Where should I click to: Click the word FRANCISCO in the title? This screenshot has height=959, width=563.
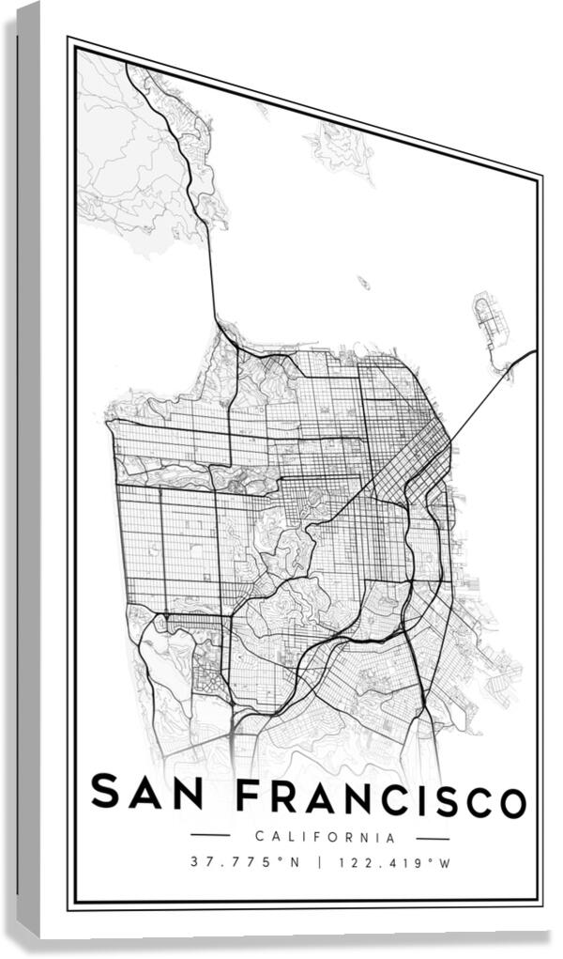(380, 798)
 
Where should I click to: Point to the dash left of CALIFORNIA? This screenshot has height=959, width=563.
(210, 835)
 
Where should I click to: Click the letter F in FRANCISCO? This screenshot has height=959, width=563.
(248, 797)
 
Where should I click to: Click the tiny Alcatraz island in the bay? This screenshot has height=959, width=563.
(362, 282)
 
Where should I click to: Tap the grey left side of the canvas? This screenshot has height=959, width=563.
(28, 470)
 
